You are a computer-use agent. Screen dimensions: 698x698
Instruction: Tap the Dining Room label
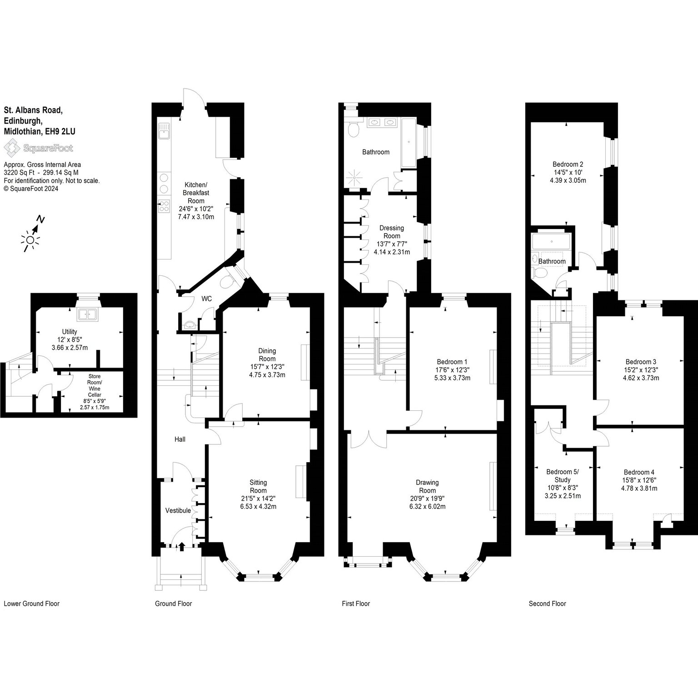pyautogui.click(x=267, y=355)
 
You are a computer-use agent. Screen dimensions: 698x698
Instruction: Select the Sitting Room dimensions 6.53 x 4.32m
pyautogui.click(x=258, y=507)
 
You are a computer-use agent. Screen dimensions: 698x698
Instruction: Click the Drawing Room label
pyautogui.click(x=427, y=486)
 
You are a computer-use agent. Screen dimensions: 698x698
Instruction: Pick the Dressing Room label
pyautogui.click(x=392, y=232)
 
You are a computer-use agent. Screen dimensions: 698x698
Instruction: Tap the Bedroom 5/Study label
pyautogui.click(x=562, y=476)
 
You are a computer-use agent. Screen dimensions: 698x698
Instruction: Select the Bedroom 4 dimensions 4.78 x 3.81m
pyautogui.click(x=639, y=489)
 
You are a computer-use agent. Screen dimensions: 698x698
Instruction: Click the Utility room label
pyautogui.click(x=70, y=332)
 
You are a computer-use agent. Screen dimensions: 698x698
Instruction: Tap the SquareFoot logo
pyautogui.click(x=39, y=148)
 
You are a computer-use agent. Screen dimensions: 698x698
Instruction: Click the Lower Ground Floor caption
pyautogui.click(x=32, y=603)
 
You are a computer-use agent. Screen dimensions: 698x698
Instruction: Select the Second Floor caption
pyautogui.click(x=548, y=603)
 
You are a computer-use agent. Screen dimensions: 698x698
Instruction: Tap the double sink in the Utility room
pyautogui.click(x=86, y=314)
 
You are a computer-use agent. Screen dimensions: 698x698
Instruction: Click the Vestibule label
pyautogui.click(x=178, y=510)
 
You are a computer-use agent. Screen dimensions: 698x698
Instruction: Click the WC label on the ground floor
pyautogui.click(x=207, y=299)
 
